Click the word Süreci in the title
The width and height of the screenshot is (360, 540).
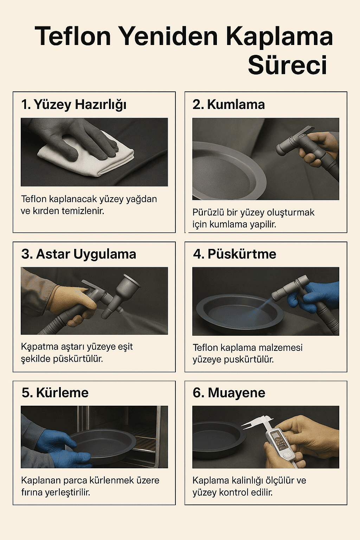(288, 65)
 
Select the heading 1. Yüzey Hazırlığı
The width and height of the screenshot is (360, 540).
(74, 105)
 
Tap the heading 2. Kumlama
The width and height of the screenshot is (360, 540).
(229, 104)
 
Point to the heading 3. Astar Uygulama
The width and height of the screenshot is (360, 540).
(78, 254)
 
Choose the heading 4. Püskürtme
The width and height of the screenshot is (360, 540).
(234, 254)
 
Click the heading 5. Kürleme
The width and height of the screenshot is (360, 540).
(55, 393)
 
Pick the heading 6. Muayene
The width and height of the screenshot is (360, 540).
(229, 393)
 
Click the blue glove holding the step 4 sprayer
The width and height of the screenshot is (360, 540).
(313, 297)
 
